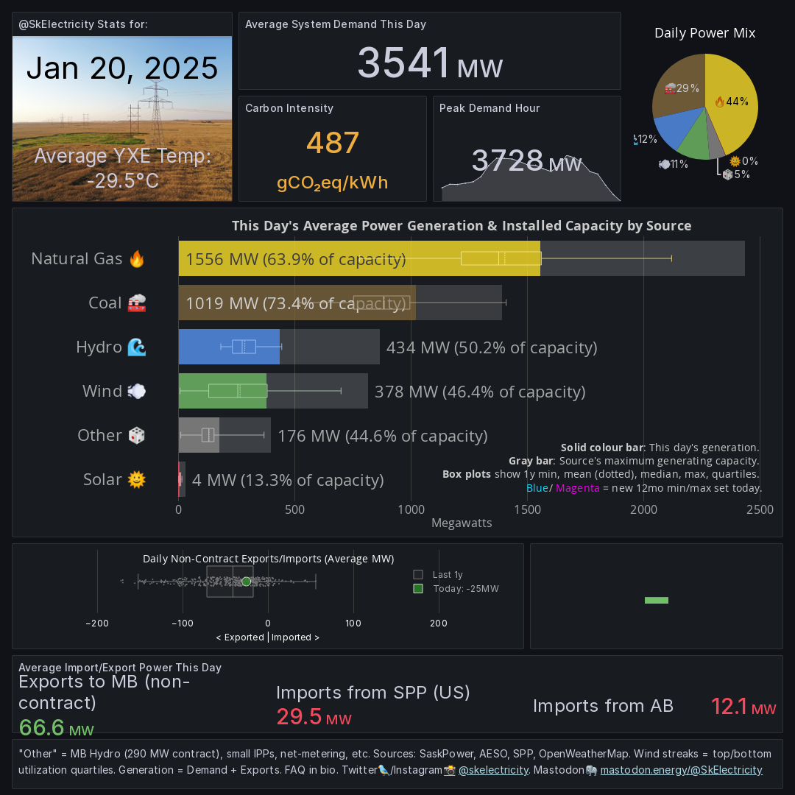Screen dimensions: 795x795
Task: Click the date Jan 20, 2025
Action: [122, 68]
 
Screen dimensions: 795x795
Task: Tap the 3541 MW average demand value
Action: [429, 63]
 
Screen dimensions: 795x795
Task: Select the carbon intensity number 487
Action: [333, 143]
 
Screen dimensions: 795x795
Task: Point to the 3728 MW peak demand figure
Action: [526, 161]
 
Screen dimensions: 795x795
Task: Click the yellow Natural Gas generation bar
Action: [359, 258]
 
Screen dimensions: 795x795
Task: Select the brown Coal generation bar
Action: [297, 303]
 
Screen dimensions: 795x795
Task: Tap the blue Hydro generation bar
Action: [229, 347]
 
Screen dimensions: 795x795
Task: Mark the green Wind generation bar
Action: [222, 391]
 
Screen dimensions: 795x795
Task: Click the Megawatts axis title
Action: [462, 523]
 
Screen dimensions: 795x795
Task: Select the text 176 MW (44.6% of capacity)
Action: [382, 436]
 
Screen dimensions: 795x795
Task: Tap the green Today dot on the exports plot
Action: [246, 582]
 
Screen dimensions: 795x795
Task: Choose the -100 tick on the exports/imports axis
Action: [183, 623]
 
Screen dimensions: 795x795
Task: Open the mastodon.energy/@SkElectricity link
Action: [681, 770]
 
